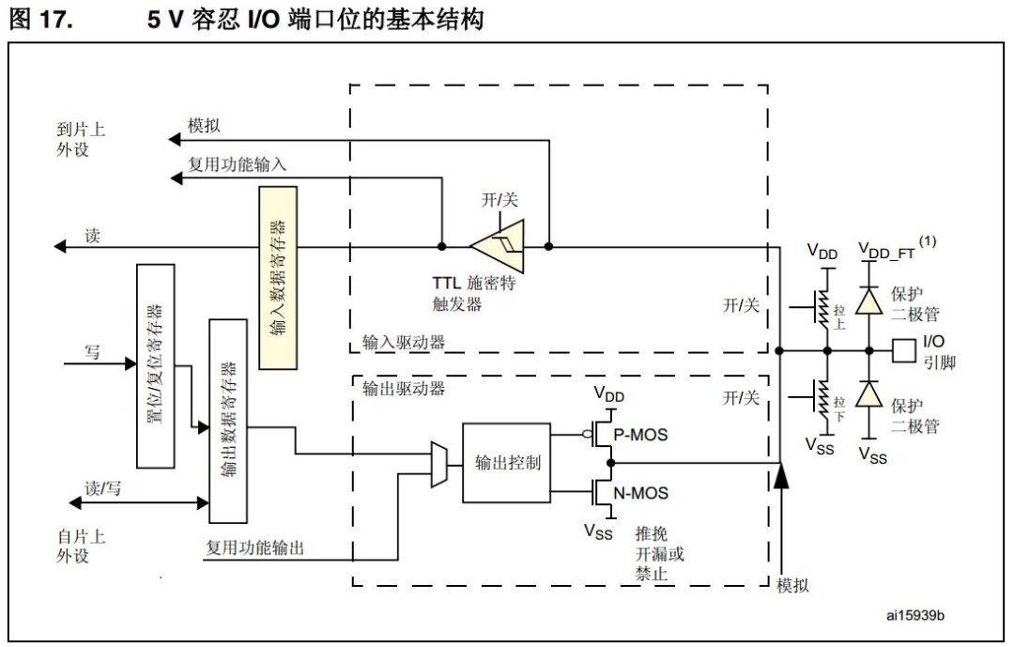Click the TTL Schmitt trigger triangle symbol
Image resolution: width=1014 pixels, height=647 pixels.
coord(499,247)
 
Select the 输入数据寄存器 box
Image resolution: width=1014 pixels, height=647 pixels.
coord(277,277)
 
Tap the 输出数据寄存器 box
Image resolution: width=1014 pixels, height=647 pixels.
coord(228,420)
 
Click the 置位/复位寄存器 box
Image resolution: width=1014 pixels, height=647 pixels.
coord(156,365)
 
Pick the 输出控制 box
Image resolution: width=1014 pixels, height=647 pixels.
coord(507,462)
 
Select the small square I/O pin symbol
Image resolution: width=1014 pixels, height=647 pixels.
coord(902,350)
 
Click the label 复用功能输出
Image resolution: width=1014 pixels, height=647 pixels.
coord(254,548)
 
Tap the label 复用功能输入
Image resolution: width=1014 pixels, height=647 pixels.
coord(238,164)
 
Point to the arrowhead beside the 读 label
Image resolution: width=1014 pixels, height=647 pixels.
coord(61,247)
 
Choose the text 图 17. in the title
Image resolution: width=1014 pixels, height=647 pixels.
coord(40,19)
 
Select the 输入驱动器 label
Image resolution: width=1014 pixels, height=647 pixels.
coord(403,343)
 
